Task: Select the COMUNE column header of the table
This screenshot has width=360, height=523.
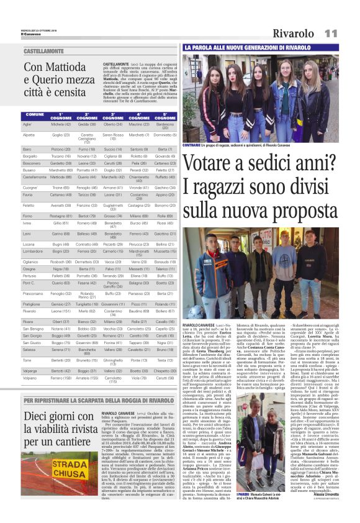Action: [34, 116]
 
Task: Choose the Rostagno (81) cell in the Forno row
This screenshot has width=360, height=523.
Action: [61, 216]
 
